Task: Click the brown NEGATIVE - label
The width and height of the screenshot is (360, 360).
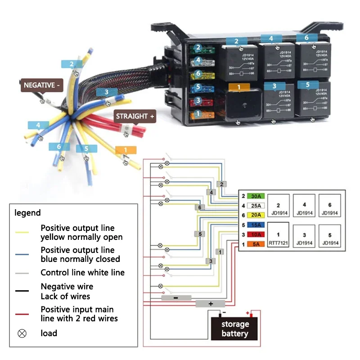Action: point(41,85)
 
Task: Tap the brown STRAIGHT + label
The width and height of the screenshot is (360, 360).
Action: point(135,117)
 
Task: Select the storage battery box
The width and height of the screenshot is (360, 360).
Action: point(234,329)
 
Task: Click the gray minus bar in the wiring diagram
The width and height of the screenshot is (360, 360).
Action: point(176,298)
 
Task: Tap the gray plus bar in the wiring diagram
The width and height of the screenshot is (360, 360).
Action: point(210,304)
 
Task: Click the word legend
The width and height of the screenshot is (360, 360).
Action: point(27,213)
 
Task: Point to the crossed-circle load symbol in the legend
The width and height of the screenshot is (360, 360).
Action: point(22,333)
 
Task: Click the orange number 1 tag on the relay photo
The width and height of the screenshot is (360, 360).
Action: point(239,87)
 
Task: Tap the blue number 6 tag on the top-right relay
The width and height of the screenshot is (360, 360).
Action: point(306,38)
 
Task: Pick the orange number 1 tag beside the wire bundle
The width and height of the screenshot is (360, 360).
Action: point(126,150)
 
